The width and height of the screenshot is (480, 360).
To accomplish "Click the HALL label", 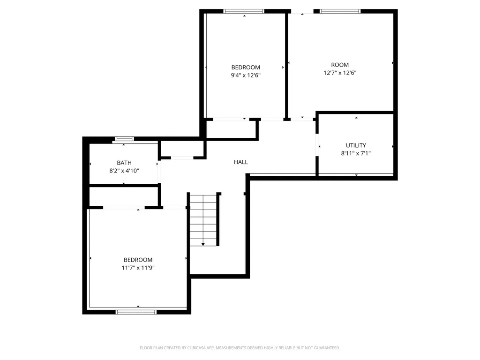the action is pyautogui.click(x=240, y=162).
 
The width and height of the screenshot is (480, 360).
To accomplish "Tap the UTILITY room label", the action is pyautogui.click(x=356, y=145).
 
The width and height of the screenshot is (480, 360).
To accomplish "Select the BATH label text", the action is pyautogui.click(x=124, y=163).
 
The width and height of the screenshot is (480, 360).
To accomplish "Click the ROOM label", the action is pyautogui.click(x=340, y=65).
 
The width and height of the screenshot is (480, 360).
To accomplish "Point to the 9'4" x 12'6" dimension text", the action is pyautogui.click(x=246, y=75).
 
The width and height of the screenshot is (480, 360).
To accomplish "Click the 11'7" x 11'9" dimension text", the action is pyautogui.click(x=138, y=268).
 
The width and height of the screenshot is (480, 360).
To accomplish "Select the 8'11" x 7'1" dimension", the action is pyautogui.click(x=356, y=153).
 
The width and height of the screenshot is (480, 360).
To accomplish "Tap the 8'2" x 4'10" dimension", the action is pyautogui.click(x=124, y=171).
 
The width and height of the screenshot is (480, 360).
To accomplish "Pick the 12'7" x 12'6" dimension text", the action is pyautogui.click(x=340, y=73).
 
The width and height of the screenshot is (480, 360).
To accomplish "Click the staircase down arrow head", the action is pyautogui.click(x=203, y=244).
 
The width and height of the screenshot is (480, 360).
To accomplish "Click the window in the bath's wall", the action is pyautogui.click(x=124, y=139).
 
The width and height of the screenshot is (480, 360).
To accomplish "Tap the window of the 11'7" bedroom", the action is pyautogui.click(x=136, y=312).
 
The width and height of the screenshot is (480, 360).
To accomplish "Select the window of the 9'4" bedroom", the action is pyautogui.click(x=244, y=11).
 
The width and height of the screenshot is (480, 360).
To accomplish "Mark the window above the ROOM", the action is pyautogui.click(x=340, y=11).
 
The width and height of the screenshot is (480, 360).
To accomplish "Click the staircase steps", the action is pyautogui.click(x=203, y=220).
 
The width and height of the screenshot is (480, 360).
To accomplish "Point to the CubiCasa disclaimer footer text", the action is pyautogui.click(x=240, y=348).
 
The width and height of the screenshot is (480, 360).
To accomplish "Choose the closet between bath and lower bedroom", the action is pyautogui.click(x=124, y=196).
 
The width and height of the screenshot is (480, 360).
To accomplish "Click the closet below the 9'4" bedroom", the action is pyautogui.click(x=231, y=129).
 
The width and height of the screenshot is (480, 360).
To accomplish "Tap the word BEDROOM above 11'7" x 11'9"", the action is pyautogui.click(x=138, y=260).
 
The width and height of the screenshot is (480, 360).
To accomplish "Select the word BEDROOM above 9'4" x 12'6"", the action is pyautogui.click(x=246, y=67).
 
